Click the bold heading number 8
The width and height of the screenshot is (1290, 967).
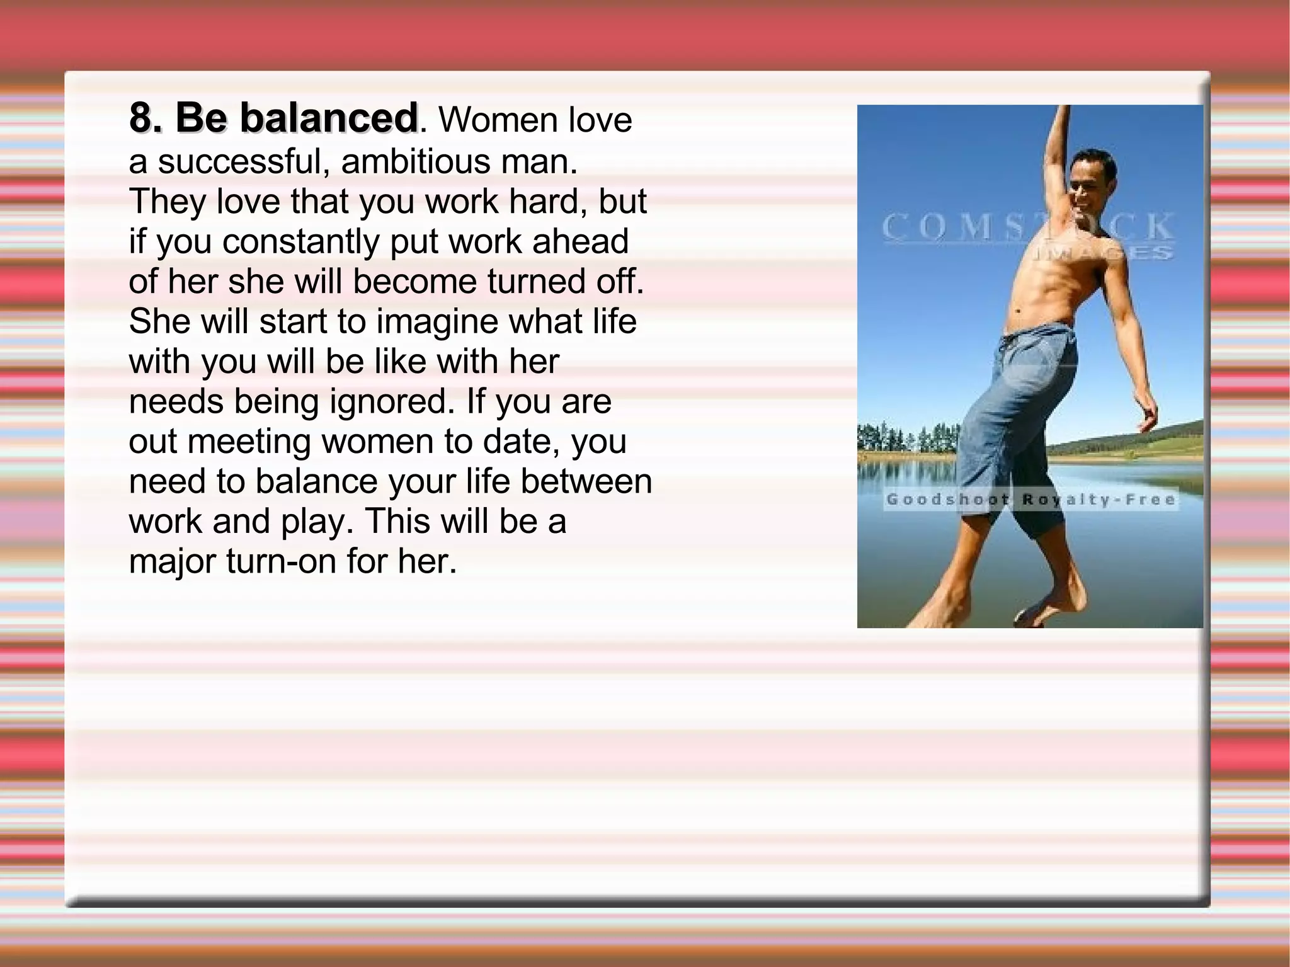pyautogui.click(x=142, y=118)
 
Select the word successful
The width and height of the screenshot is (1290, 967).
pyautogui.click(x=240, y=161)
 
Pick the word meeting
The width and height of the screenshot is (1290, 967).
pyautogui.click(x=249, y=442)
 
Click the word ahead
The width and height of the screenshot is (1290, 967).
pyautogui.click(x=580, y=242)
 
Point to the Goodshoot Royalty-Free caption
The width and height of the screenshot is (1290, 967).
pyautogui.click(x=1030, y=500)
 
